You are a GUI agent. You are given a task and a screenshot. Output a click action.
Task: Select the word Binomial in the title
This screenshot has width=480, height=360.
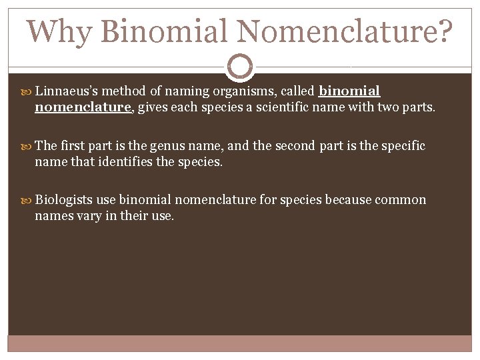[x=166, y=31]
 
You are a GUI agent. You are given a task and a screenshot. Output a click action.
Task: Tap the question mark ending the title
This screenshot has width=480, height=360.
[x=443, y=31]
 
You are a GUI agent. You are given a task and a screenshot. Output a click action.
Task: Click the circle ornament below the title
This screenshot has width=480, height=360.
[x=240, y=67]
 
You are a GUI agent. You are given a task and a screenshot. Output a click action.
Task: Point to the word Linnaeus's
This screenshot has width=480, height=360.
[x=69, y=91]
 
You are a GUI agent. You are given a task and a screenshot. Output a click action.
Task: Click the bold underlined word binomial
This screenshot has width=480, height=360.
[x=350, y=91]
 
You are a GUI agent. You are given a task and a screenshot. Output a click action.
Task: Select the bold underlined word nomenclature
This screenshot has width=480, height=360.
[x=83, y=107]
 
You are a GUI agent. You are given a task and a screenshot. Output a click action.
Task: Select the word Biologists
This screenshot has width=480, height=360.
[x=63, y=200]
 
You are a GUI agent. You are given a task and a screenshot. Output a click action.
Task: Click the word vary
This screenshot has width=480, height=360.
[x=84, y=215]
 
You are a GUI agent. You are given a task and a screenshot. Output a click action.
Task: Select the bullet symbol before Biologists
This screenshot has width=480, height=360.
[x=27, y=201]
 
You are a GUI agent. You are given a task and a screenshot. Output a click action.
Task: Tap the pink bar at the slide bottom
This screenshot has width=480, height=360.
[x=240, y=343]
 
